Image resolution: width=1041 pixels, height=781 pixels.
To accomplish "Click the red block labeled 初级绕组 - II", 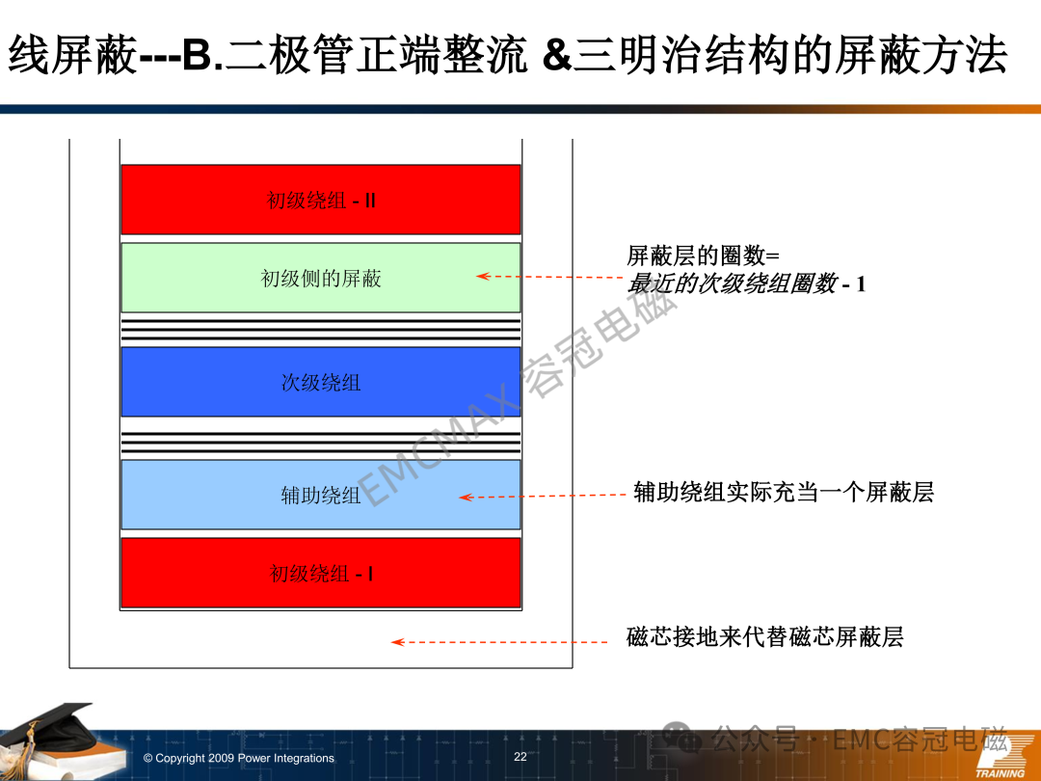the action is [x=321, y=200].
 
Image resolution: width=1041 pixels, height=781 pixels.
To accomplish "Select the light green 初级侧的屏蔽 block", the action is [x=321, y=278].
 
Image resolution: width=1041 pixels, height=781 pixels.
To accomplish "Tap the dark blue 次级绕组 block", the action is [x=321, y=382].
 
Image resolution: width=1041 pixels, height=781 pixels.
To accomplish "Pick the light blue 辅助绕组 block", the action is [x=321, y=495].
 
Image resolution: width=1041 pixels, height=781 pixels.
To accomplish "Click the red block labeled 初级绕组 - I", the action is [x=321, y=573].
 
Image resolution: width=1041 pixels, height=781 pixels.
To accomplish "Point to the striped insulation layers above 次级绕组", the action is [x=321, y=330].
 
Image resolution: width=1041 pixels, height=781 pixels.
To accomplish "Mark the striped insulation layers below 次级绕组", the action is [x=321, y=443].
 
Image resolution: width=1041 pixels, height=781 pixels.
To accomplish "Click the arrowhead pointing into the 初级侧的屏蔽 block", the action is [x=483, y=277].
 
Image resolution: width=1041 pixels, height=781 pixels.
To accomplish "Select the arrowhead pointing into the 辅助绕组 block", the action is [x=466, y=497].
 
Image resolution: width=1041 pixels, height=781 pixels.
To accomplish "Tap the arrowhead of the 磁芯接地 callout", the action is [x=398, y=641].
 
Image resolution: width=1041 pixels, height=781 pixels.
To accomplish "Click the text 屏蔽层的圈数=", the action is [x=703, y=255].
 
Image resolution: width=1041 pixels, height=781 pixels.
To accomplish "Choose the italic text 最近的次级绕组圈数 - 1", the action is [x=746, y=283].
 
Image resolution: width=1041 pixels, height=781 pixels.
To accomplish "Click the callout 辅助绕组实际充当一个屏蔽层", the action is [x=784, y=492].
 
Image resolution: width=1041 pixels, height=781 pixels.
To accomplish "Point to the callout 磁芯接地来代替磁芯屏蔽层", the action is [x=764, y=637].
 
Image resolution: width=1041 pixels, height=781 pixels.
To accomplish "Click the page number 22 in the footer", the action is [x=520, y=757].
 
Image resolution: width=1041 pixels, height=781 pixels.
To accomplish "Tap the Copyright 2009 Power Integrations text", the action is [x=239, y=758].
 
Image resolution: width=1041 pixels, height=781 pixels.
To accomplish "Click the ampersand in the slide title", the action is [x=556, y=54].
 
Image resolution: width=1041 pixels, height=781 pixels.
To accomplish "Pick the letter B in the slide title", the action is [x=197, y=54].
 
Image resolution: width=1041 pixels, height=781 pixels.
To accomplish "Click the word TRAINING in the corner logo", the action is [x=1000, y=773].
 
